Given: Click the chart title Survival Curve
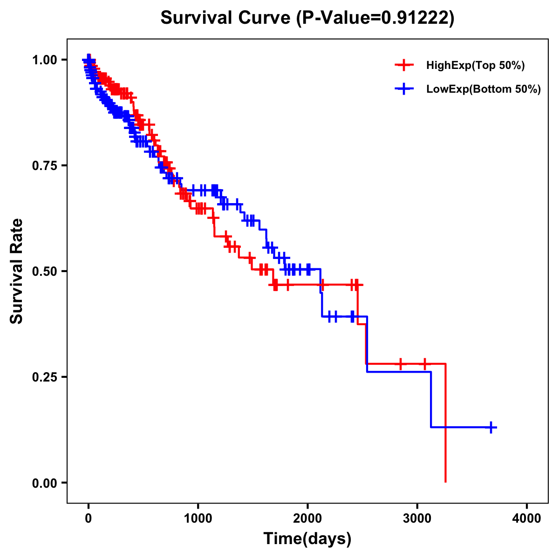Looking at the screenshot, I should click(227, 18).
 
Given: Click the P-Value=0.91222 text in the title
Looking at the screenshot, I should click(376, 18).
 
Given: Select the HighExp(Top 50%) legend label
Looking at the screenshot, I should click(476, 66).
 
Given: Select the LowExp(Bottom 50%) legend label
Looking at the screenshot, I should click(484, 89).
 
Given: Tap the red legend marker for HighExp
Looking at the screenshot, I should click(404, 65).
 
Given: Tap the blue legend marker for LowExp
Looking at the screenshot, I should click(404, 89).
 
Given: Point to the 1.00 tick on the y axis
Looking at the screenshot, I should click(45, 60).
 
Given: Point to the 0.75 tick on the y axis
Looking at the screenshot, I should click(45, 165).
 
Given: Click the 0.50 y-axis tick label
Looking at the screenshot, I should click(45, 271).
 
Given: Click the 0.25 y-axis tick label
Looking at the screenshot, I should click(45, 377).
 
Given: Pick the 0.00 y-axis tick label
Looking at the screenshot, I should click(45, 483).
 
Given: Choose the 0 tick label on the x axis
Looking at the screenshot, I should click(89, 518).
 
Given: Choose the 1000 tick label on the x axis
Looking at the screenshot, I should click(198, 518).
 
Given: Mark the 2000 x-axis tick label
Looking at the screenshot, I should click(307, 518).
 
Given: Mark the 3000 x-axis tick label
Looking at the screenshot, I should click(417, 518).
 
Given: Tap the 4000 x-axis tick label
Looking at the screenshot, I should click(527, 518).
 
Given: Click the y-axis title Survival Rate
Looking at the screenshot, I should click(17, 271).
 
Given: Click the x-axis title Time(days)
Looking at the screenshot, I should click(307, 539).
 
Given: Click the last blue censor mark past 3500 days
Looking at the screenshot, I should click(491, 427).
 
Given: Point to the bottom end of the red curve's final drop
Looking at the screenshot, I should click(446, 481).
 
